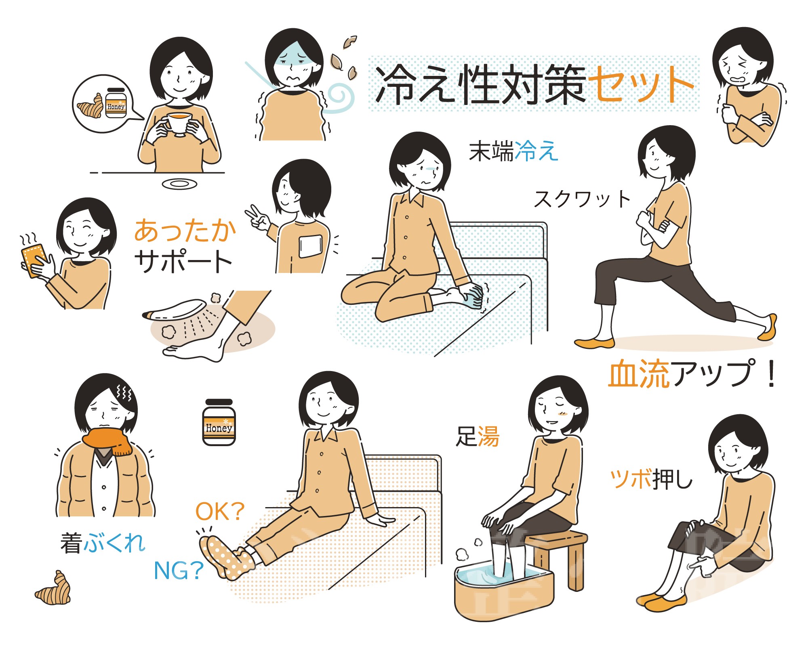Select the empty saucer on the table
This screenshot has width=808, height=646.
point(179,184)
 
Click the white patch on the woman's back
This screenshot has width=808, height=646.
point(310,246)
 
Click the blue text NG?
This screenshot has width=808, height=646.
point(179,571)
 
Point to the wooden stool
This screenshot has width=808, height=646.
point(562,557)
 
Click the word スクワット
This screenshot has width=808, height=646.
point(582,199)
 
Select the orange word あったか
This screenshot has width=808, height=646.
point(185,231)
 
